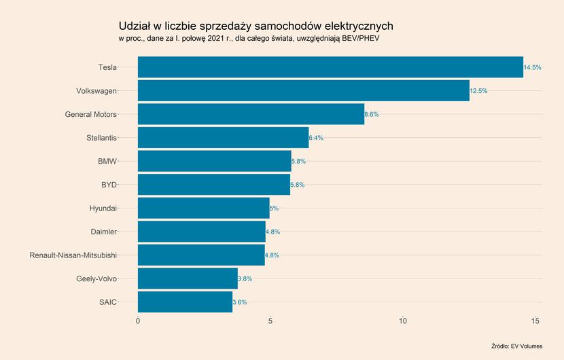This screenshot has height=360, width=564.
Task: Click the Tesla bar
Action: pos(330,67)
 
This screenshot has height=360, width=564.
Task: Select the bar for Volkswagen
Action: pos(303,90)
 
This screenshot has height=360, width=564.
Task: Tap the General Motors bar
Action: pos(251,114)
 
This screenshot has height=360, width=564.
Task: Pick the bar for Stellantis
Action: pos(223,138)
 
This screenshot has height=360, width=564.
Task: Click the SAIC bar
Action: pos(185,302)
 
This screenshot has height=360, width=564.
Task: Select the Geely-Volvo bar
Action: pos(188,278)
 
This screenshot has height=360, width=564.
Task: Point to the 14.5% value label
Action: pos(532,67)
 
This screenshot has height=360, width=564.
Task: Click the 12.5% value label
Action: pos(478,91)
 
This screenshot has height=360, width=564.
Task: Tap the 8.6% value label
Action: pos(372,115)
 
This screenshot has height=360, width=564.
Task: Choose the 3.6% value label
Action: pos(239,302)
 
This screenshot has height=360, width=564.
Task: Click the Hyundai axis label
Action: pos(103,209)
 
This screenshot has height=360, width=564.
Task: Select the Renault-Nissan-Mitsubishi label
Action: pos(73,255)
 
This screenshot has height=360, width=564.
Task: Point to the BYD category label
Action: pos(109,185)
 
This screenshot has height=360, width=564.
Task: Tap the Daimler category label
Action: pos(103,232)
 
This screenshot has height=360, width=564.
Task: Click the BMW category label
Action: pos(107,162)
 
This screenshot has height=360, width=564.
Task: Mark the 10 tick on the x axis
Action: pos(403,321)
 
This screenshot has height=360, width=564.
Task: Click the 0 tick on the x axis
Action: pos(138,321)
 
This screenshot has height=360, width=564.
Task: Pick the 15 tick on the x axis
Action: pos(535,321)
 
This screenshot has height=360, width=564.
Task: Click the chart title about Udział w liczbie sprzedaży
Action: pos(255,26)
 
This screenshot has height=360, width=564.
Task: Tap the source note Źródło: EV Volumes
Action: pos(516,346)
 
